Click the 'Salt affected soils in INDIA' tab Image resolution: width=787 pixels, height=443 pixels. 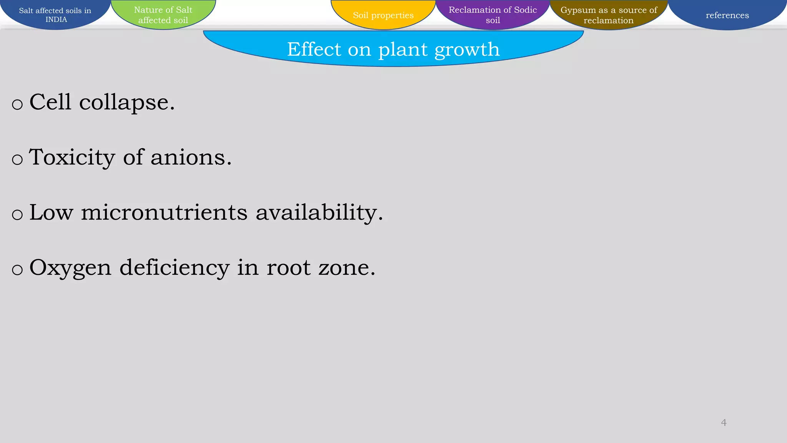[x=55, y=15]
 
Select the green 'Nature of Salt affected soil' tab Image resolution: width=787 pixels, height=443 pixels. [x=163, y=15]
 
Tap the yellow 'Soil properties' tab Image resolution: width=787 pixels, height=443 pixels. [x=383, y=15]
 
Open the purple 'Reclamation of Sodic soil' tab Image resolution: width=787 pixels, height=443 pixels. [x=493, y=15]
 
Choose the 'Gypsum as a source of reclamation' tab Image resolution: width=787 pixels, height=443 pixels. [x=609, y=15]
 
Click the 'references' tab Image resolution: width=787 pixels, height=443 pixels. [x=727, y=15]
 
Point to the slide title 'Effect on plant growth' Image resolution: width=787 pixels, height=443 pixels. [x=393, y=49]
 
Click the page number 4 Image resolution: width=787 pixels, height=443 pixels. [x=724, y=423]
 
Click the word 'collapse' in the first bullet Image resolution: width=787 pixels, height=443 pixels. [x=127, y=102]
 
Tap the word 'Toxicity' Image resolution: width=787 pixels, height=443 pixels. [x=72, y=158]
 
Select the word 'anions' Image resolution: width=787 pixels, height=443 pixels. [x=191, y=158]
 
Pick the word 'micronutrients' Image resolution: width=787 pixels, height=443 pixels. [x=164, y=212]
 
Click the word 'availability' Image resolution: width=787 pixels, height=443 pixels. [x=319, y=213]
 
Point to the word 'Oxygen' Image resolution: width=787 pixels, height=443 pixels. [x=70, y=268]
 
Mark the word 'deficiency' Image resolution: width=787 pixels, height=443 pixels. [x=174, y=268]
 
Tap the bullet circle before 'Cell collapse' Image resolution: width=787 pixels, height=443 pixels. [x=17, y=104]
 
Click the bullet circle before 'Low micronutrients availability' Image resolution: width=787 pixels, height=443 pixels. [x=17, y=215]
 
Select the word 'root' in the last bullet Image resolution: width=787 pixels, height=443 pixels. [x=288, y=268]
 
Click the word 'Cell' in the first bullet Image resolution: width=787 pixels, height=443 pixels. [x=50, y=102]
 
